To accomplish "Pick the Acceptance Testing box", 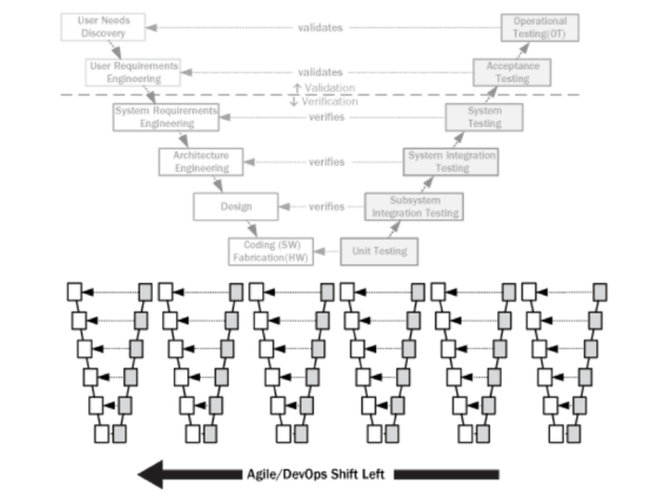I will [x=512, y=72].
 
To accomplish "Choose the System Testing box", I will [x=484, y=117].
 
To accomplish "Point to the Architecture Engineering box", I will [x=201, y=162].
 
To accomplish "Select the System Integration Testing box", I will [x=452, y=162].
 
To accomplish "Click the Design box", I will [x=235, y=207].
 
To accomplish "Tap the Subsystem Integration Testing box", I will [x=414, y=207].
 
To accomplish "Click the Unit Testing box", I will [x=379, y=251].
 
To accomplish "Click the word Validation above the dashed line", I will [x=329, y=88].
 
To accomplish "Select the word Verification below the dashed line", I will [x=329, y=102].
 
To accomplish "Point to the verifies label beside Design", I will [x=327, y=207].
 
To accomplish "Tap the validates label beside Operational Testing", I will [x=320, y=28].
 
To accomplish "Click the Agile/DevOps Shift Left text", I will [x=315, y=475].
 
